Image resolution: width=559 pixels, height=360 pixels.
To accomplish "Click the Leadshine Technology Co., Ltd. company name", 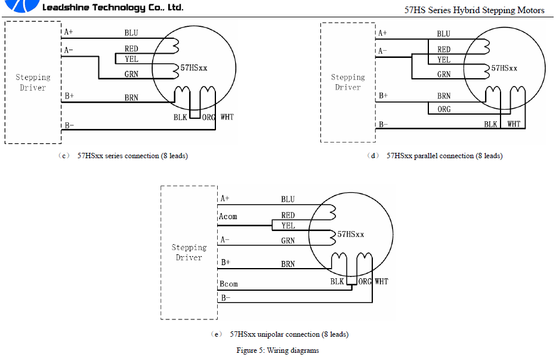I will coord(113,8).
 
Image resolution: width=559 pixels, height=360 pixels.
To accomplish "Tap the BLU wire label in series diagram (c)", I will coord(131,33).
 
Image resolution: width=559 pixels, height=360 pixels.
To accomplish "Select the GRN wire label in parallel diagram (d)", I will coord(444,75).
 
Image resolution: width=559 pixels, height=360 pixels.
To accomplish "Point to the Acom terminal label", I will coord(228,216).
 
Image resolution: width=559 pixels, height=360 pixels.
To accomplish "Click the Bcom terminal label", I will coord(228,284).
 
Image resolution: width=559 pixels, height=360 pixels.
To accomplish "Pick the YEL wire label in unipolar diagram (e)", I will coord(288,226).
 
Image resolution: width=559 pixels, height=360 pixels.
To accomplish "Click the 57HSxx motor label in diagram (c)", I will coord(194,68).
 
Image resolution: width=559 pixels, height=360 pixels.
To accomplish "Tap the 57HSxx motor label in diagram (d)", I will coord(504,68).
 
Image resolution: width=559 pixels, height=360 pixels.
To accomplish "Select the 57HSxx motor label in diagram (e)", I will coord(351,235).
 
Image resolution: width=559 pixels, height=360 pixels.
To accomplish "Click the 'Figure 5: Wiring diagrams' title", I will coord(277,350).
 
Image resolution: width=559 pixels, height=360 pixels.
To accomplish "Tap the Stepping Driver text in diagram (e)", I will coord(189,253).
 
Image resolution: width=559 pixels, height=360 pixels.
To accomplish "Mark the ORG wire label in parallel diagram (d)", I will coord(444,110).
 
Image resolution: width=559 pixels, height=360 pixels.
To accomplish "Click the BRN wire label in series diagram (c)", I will coord(131,97).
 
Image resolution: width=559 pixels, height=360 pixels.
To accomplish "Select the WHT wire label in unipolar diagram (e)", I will coord(381,281).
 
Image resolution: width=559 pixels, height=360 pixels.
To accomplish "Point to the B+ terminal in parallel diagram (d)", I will coord(383,96).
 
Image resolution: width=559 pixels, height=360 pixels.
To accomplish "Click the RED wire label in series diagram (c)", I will coord(131,49).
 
